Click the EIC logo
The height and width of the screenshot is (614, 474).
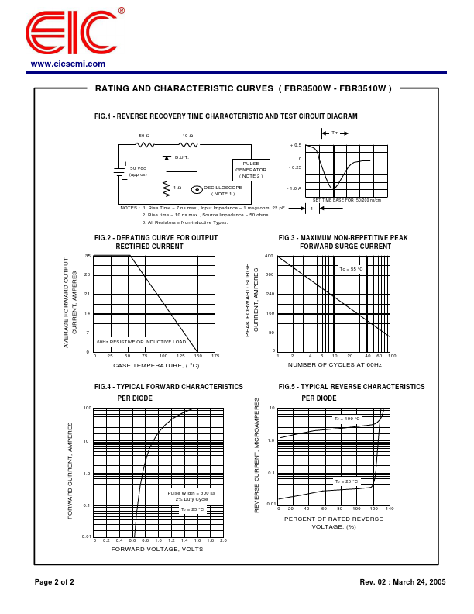[71, 33]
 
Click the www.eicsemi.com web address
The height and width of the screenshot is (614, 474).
[68, 64]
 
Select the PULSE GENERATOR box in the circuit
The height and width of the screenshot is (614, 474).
[251, 170]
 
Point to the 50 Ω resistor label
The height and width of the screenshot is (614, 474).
[144, 136]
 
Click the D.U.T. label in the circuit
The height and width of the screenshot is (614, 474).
[182, 157]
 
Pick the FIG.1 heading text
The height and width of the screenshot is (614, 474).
[226, 116]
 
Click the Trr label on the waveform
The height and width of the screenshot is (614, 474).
[335, 133]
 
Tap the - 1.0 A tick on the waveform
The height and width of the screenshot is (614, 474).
[294, 188]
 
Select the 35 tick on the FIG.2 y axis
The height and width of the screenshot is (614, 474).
[88, 256]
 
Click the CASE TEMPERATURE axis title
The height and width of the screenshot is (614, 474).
[156, 365]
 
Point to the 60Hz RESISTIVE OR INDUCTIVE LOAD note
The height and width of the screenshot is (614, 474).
[142, 341]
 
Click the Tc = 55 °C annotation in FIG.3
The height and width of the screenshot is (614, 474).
[351, 269]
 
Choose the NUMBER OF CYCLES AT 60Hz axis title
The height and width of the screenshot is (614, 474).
[335, 364]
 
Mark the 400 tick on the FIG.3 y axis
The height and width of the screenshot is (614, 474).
[269, 256]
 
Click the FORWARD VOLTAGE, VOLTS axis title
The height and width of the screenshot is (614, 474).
[157, 549]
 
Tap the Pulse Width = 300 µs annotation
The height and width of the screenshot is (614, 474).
[192, 492]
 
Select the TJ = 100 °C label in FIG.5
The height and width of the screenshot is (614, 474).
[347, 419]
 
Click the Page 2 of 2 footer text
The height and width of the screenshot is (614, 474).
[54, 581]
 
